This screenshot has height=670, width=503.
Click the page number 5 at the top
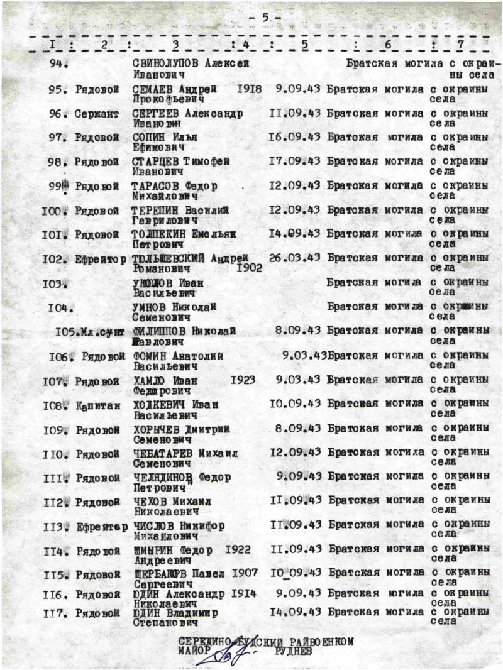(265, 18)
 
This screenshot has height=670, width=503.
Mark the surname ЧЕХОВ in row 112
(150, 501)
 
